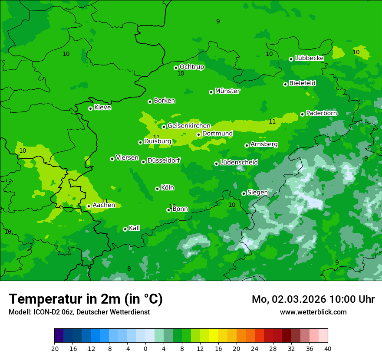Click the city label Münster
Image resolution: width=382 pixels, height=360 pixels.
point(227,91)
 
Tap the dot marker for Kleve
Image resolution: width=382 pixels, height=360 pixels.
point(90,108)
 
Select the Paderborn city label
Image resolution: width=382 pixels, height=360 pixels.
point(321,113)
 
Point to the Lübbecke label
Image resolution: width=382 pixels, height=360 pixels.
point(309,58)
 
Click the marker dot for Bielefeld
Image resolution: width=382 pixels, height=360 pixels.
point(285,84)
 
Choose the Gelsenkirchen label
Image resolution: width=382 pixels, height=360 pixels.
point(189,126)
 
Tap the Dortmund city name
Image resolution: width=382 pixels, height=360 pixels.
point(217,134)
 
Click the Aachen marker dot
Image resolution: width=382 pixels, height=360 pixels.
point(89,206)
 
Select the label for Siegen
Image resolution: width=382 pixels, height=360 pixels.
point(257,193)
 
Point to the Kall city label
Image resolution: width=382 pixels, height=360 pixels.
point(135,228)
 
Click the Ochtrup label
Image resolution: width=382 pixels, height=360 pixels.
point(191,67)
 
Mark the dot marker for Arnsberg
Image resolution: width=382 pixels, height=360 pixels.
point(247,145)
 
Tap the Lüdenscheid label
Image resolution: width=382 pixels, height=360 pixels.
point(239,163)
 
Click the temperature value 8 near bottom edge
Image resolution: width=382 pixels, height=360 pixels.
point(129,269)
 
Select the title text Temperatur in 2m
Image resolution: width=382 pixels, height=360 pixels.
point(86,299)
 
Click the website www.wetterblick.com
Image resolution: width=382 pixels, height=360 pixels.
point(313,312)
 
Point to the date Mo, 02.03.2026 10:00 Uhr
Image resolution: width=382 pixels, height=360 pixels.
point(313,299)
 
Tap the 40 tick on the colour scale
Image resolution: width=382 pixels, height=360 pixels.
point(327,349)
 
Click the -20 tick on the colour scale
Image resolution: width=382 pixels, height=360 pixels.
point(54,349)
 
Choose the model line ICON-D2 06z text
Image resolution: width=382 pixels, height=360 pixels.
point(79,312)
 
